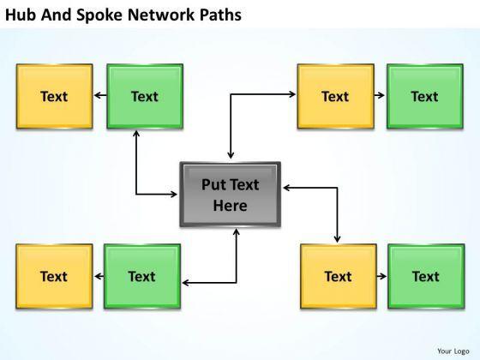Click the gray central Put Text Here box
click(x=231, y=195)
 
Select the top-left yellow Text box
click(x=55, y=96)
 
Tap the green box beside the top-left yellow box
click(x=145, y=96)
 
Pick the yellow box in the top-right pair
click(x=336, y=96)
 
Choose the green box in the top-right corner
click(x=425, y=96)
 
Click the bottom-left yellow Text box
click(x=54, y=276)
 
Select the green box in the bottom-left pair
click(x=142, y=276)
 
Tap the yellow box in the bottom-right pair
click(x=339, y=276)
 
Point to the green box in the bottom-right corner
click(x=426, y=276)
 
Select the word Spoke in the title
click(x=99, y=15)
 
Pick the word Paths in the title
click(x=220, y=15)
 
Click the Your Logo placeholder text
click(x=453, y=351)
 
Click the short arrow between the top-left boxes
click(x=100, y=95)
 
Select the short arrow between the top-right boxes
click(x=379, y=95)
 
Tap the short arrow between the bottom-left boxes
click(x=99, y=276)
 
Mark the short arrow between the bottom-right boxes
click(x=381, y=276)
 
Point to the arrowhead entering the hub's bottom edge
click(x=236, y=231)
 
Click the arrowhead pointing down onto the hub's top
click(x=231, y=155)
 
